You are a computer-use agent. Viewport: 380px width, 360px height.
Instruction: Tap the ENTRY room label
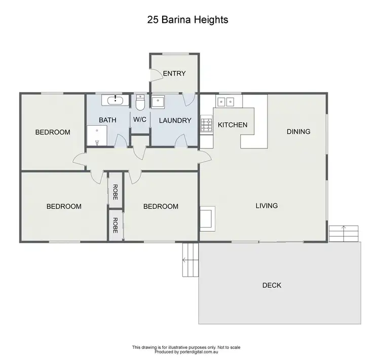174,74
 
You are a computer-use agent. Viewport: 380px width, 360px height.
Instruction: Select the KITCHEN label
233,125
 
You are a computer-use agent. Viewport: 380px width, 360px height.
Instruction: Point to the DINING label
298,132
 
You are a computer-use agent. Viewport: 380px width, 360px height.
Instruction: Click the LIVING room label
267,206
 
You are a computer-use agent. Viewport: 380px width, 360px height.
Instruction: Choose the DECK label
272,285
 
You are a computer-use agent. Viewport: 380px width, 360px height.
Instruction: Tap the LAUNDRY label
175,121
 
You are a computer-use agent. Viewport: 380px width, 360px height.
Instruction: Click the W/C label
140,120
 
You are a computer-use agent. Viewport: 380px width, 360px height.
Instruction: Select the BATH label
107,120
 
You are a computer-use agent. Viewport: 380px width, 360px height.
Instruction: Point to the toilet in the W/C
140,103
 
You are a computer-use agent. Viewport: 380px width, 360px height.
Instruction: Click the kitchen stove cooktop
207,124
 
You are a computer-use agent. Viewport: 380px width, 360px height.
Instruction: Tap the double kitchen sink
225,101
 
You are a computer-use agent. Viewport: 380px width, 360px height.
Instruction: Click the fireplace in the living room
208,217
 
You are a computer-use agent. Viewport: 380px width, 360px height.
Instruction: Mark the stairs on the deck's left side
190,260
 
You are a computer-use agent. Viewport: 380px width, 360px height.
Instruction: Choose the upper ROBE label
116,187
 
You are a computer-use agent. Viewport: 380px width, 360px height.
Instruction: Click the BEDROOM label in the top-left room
52,132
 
